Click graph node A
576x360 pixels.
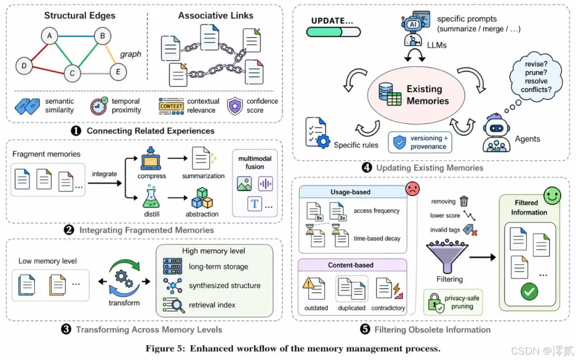click(x=50, y=36)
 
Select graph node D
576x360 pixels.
click(x=23, y=66)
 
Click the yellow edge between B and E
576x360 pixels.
click(x=110, y=53)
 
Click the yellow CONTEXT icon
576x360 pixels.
click(x=171, y=106)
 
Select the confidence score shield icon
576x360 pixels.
click(x=235, y=106)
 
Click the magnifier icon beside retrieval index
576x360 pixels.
click(x=173, y=305)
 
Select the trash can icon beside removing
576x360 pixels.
click(x=464, y=201)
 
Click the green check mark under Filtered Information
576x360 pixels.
click(x=529, y=291)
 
